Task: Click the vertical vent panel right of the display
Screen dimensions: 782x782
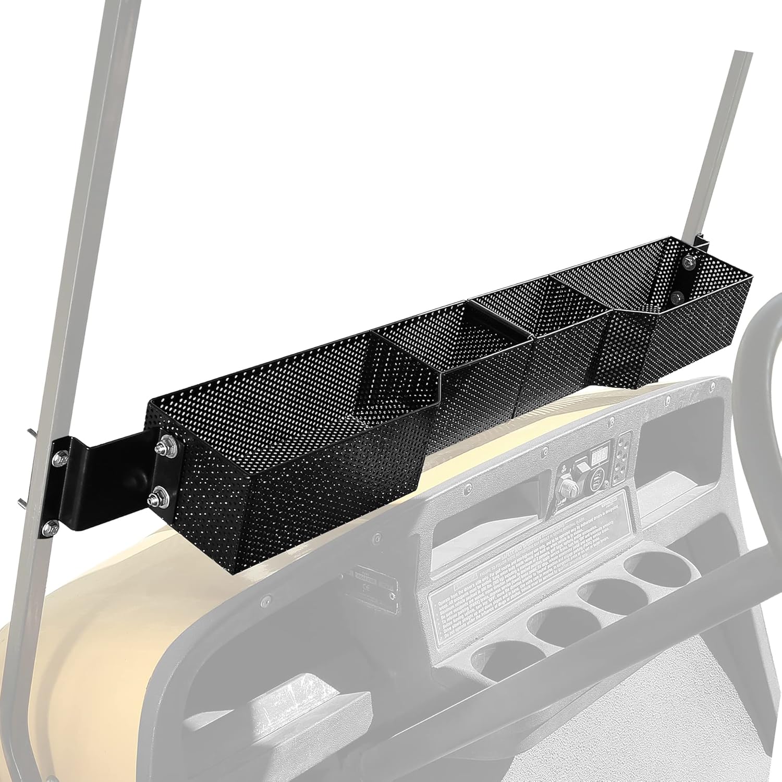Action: [x=621, y=459]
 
